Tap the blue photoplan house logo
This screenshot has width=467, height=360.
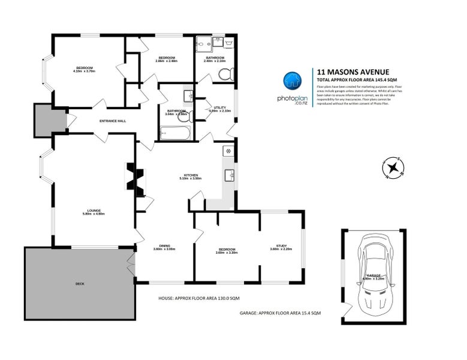click(x=292, y=80)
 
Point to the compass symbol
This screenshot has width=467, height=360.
click(x=393, y=168)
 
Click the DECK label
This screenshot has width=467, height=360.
click(x=80, y=283)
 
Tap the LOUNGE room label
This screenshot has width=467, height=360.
click(x=94, y=210)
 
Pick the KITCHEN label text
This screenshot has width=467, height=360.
click(x=191, y=175)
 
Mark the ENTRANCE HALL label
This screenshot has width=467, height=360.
click(x=113, y=121)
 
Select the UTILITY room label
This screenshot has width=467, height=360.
click(x=219, y=107)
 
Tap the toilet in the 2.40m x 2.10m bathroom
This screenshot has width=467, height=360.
click(x=225, y=74)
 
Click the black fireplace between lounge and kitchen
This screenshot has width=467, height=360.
click(x=135, y=179)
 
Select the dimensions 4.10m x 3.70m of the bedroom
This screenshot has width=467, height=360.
click(x=84, y=71)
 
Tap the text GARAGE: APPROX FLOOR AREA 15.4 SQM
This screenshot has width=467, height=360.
click(x=280, y=313)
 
